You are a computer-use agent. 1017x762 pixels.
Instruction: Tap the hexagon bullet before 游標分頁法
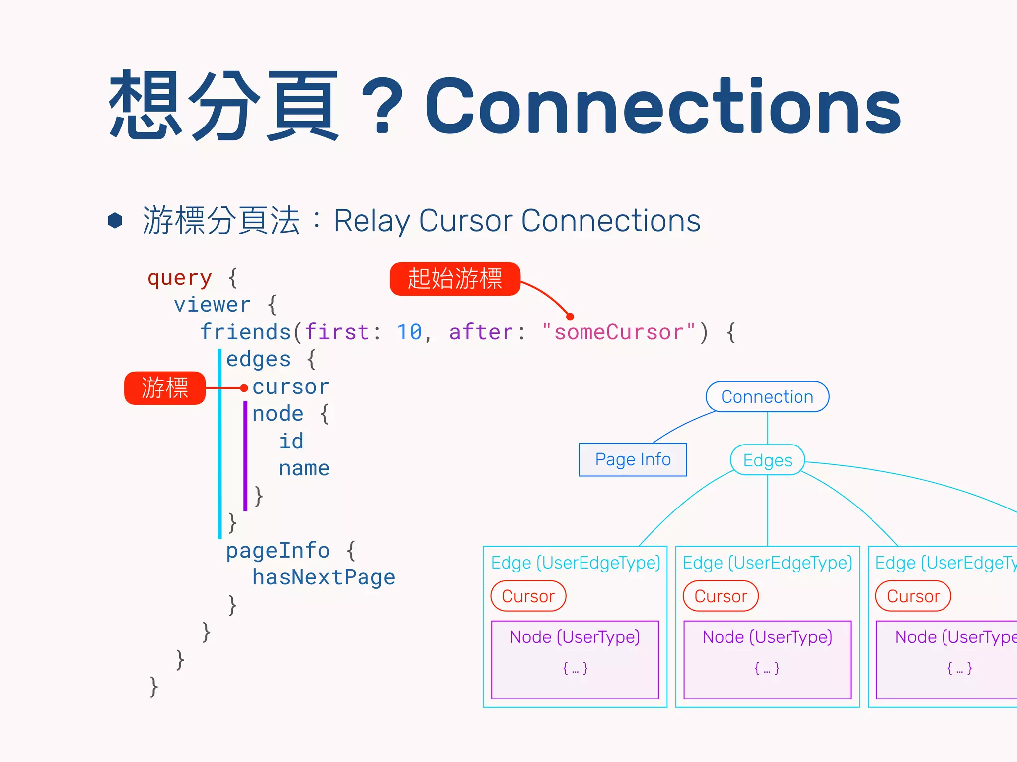point(115,220)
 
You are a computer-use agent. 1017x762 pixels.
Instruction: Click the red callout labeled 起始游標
point(455,279)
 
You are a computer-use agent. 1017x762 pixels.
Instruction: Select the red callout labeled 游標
point(164,388)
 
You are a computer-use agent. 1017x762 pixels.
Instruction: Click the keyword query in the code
point(180,278)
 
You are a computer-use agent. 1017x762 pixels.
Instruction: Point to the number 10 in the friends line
point(409,332)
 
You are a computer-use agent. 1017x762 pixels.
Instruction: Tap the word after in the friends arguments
point(481,332)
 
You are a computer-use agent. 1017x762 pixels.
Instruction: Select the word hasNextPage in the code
point(323,577)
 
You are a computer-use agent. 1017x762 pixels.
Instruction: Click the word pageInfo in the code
point(278,550)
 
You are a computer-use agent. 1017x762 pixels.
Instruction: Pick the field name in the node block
point(304,468)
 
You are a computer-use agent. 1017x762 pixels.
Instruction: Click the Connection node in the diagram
point(767,397)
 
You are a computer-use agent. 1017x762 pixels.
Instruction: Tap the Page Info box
point(633,460)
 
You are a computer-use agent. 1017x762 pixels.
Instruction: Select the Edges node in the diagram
point(767,460)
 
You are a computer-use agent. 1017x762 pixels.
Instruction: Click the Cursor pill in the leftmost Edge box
point(528,596)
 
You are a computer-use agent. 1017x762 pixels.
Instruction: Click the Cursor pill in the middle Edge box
point(721,596)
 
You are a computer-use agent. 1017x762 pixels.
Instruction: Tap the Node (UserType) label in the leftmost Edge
point(575,637)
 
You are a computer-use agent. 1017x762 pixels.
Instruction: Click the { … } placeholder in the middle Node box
point(767,668)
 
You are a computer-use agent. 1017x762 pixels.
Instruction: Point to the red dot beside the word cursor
point(244,388)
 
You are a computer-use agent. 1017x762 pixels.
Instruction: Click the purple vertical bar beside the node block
point(245,455)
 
